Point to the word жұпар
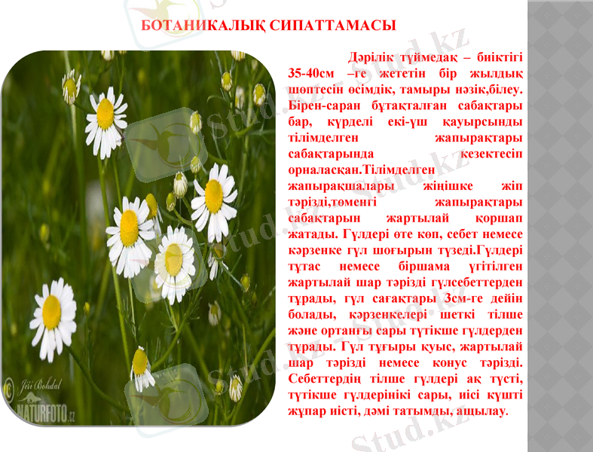pos(307,411)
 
